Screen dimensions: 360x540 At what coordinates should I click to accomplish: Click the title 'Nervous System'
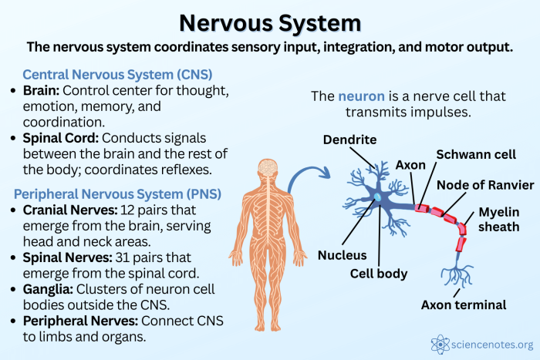point(269,20)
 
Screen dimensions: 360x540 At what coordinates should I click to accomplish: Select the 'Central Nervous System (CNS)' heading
point(118,75)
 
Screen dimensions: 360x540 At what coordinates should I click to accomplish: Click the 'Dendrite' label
point(349,140)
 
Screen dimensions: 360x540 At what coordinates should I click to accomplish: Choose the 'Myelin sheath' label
point(503,218)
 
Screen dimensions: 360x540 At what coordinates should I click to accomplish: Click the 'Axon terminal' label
point(463,304)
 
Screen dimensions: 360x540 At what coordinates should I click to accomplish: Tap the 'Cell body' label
point(378,273)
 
